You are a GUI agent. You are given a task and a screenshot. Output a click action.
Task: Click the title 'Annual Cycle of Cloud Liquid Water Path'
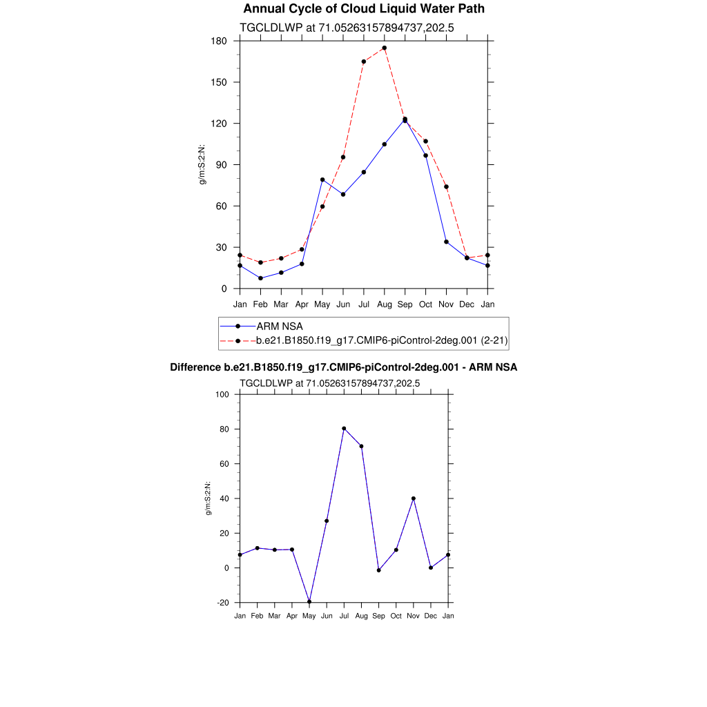click(364, 9)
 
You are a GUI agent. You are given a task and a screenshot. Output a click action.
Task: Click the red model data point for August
click(384, 48)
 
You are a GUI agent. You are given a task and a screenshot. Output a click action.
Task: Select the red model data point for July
click(363, 61)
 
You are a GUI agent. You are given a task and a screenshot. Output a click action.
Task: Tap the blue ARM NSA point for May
click(322, 180)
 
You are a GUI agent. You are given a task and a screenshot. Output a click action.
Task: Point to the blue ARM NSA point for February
click(260, 278)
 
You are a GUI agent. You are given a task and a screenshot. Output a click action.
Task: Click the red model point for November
click(446, 186)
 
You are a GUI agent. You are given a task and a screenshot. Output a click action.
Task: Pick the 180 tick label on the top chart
click(220, 41)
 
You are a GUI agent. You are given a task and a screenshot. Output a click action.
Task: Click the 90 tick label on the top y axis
click(222, 165)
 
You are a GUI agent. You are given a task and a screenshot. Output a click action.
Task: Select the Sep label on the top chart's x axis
click(405, 304)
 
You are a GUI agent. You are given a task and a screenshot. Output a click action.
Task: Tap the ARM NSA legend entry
click(279, 326)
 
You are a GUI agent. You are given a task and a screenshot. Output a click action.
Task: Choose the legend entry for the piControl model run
click(382, 340)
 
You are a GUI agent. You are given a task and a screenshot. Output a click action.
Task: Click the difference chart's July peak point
click(344, 429)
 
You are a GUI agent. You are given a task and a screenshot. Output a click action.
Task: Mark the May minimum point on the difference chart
click(309, 601)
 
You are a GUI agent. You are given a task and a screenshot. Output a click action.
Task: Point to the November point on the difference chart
click(414, 498)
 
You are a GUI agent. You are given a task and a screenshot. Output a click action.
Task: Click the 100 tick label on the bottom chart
click(222, 395)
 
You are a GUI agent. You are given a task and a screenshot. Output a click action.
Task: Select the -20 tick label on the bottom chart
click(222, 603)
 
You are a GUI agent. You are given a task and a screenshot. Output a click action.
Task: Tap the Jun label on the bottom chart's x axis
click(327, 615)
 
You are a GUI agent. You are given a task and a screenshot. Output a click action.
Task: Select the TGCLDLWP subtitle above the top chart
click(346, 28)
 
